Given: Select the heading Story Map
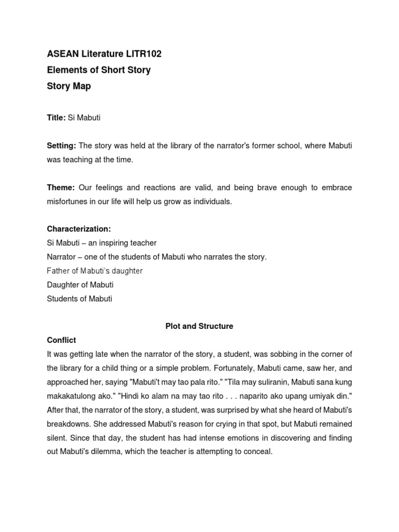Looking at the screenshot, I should (69, 86).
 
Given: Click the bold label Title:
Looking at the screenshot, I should (56, 118).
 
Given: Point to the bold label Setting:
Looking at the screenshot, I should (61, 146).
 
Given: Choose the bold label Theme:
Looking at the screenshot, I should (61, 188).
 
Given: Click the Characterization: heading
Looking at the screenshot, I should (78, 229).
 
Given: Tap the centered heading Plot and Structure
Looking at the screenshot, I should (199, 326).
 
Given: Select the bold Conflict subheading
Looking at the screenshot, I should (61, 340).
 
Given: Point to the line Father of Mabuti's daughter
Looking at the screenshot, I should (95, 271).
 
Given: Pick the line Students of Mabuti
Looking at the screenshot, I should (79, 299).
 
